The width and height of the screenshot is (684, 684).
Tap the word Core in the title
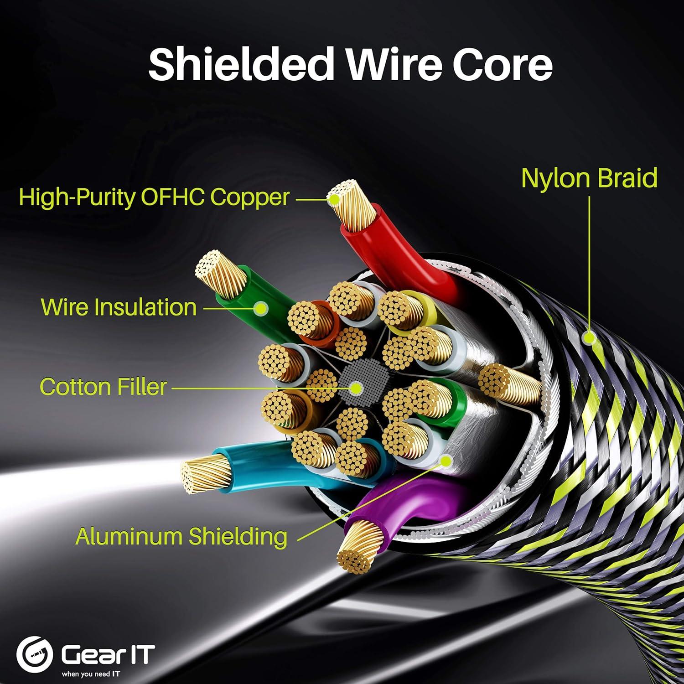503,65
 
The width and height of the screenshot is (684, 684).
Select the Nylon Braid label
589,178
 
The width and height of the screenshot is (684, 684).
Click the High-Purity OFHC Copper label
154,197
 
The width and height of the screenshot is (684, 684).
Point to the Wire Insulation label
119,307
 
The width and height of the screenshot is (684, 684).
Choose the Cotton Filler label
103,387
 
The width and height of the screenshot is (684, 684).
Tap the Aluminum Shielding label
181,536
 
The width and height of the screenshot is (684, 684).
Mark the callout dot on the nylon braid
590,338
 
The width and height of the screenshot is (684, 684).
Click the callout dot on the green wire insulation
260,309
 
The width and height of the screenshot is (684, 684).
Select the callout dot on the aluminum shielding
446,461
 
